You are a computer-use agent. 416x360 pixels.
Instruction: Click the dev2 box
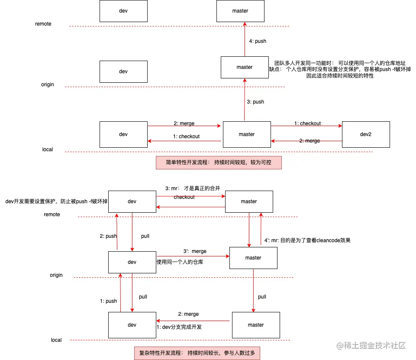click(x=366, y=134)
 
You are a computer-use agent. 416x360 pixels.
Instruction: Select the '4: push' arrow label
click(x=258, y=41)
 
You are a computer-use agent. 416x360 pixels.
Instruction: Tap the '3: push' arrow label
click(x=255, y=102)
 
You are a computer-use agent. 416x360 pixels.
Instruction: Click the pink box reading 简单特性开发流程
click(x=219, y=162)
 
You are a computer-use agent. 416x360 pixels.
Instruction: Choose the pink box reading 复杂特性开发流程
click(x=197, y=353)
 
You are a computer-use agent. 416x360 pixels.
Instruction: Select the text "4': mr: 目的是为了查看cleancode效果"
click(x=310, y=240)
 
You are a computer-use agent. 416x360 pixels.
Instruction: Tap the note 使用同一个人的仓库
click(x=180, y=262)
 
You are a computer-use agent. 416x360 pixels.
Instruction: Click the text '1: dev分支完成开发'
click(x=179, y=327)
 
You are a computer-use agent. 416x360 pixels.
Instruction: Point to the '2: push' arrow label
click(x=108, y=236)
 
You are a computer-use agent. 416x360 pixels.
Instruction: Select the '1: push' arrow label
click(x=108, y=301)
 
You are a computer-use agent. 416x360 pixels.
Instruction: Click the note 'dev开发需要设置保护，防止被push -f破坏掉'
click(x=56, y=201)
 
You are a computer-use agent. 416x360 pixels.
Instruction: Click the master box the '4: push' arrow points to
click(x=240, y=11)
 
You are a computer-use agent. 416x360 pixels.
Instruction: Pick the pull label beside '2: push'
click(x=145, y=236)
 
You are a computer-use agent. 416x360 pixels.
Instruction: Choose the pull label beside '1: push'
click(x=143, y=297)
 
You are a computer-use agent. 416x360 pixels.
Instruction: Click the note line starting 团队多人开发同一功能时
click(x=340, y=63)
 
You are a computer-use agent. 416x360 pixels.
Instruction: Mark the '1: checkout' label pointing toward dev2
click(x=307, y=123)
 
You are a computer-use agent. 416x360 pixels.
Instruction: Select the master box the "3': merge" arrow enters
click(x=253, y=258)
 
